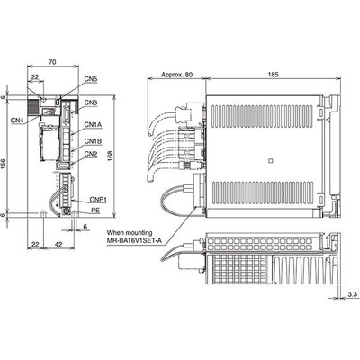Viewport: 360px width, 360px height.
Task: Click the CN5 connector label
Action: point(91,79)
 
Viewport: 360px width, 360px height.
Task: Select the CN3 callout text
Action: point(91,103)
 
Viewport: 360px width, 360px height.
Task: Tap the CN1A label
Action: point(93,124)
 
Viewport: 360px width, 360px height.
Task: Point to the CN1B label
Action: point(93,141)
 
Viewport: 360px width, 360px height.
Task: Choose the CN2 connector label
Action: point(91,154)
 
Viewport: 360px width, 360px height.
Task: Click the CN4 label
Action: point(18,121)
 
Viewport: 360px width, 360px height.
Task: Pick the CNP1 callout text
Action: point(98,200)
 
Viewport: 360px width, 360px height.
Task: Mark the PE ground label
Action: point(95,211)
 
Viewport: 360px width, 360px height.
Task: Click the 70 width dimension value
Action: point(52,62)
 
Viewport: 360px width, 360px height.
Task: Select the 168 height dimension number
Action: point(110,155)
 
